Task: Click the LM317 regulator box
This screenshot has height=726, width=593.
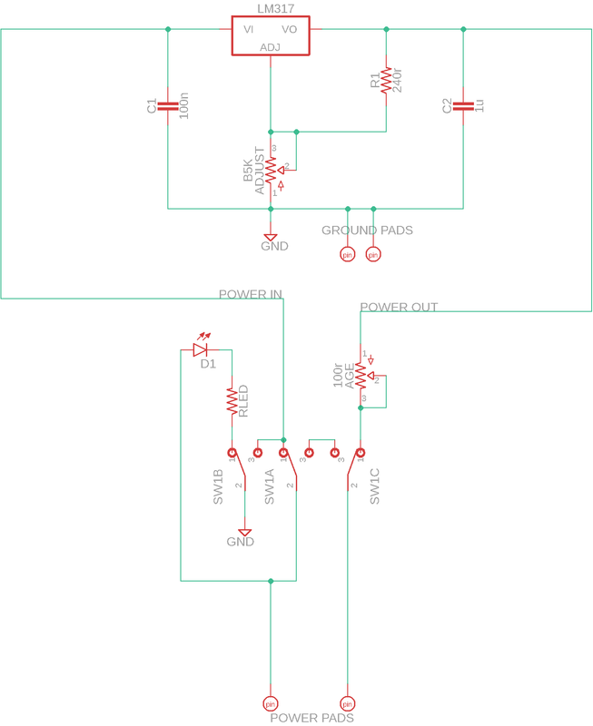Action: tap(271, 37)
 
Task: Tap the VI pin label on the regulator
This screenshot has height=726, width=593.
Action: tap(248, 29)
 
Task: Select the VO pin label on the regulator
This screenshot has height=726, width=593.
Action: tap(290, 29)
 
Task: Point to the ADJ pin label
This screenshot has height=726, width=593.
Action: tap(271, 47)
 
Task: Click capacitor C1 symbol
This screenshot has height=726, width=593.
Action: tap(168, 106)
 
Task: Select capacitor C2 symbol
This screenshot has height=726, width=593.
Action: tap(463, 106)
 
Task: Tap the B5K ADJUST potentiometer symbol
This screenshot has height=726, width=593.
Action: tap(271, 168)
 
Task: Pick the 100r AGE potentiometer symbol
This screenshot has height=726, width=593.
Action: tap(361, 375)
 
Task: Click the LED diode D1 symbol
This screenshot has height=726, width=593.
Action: tap(201, 348)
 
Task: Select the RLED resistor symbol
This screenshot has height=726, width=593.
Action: tap(232, 400)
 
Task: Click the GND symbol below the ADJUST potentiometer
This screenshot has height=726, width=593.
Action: tap(271, 239)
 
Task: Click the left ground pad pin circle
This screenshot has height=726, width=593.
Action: tap(346, 254)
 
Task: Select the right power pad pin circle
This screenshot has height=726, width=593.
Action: tap(347, 703)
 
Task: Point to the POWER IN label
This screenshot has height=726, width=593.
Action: tap(251, 295)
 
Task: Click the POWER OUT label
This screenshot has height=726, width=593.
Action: tap(399, 308)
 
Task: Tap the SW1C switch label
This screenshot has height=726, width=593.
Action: tap(375, 488)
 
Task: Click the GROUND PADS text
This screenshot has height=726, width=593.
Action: tap(367, 231)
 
